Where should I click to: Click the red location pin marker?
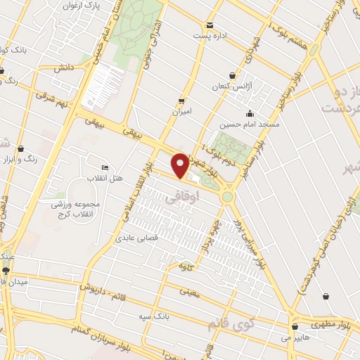[181, 165]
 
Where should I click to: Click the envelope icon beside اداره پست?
[199, 33]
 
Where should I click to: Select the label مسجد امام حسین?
[244, 124]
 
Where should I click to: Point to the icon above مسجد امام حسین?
[249, 114]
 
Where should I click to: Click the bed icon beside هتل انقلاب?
[105, 167]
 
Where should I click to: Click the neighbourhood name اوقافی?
[181, 200]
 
